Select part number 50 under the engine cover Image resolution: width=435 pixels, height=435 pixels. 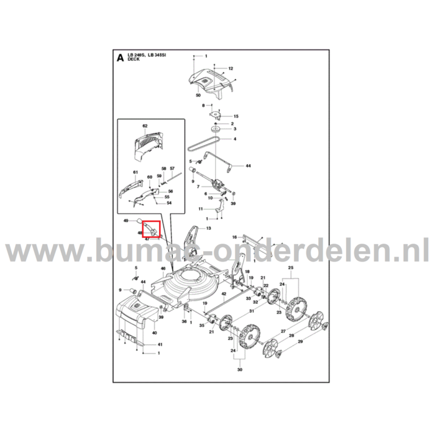click(x=198, y=96)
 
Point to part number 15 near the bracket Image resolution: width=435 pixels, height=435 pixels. click(x=236, y=116)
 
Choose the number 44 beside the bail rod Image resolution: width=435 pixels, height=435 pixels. click(x=248, y=166)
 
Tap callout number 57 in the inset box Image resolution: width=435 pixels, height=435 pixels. click(x=172, y=169)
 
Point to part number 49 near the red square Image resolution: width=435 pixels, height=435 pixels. click(x=126, y=221)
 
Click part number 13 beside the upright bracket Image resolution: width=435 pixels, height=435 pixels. click(x=208, y=229)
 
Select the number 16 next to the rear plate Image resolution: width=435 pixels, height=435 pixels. click(x=234, y=237)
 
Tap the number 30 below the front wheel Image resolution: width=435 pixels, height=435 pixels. click(x=239, y=370)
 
